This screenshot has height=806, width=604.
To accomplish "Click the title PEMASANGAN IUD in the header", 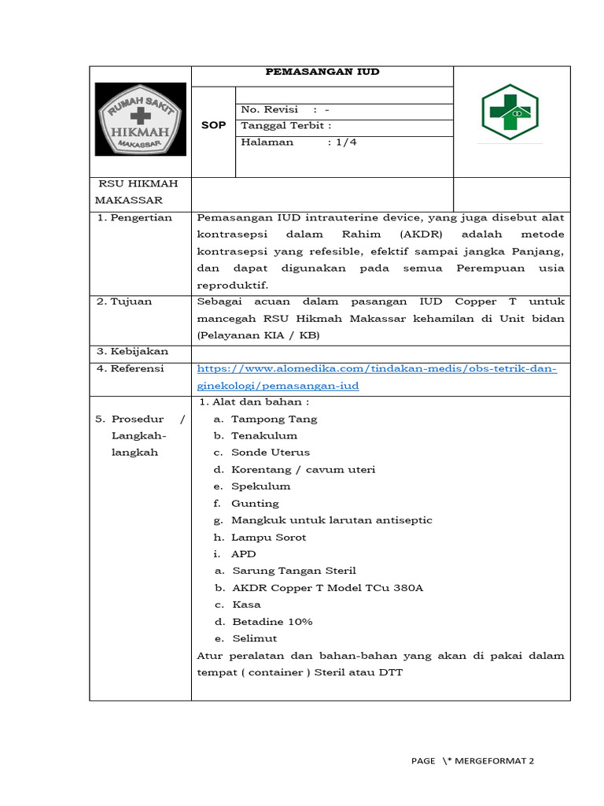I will tap(322, 72).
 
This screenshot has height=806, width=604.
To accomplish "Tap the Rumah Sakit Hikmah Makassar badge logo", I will tap(141, 119).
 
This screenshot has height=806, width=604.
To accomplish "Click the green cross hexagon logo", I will tap(510, 113).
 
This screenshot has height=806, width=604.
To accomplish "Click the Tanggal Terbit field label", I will tap(285, 126).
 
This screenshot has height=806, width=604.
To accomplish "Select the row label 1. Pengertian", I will tap(134, 217).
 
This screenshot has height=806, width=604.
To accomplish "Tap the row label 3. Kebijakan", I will tap(132, 352).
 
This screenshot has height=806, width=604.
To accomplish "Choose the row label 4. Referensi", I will tap(131, 368).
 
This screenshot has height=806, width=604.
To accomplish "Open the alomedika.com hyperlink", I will tap(377, 377).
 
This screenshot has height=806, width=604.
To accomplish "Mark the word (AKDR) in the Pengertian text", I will tap(421, 235).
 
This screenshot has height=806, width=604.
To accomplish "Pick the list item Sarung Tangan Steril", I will tap(294, 571).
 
